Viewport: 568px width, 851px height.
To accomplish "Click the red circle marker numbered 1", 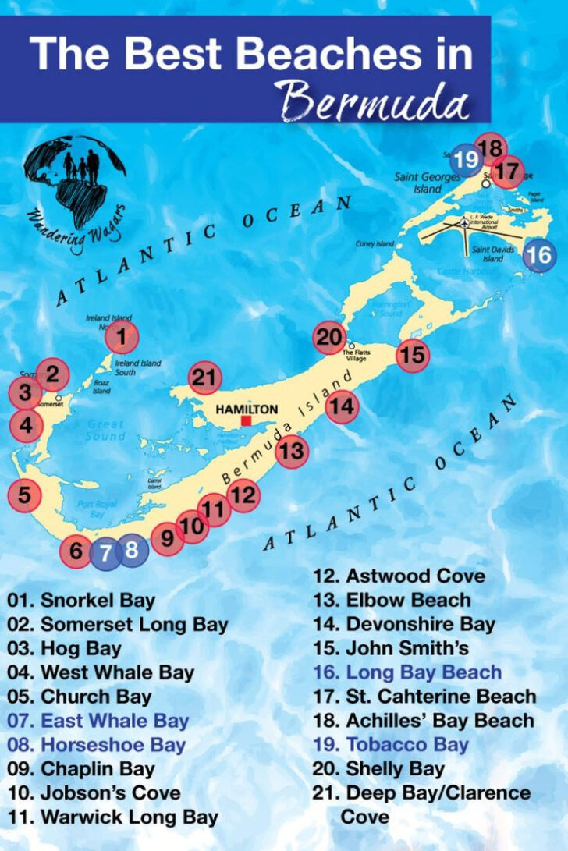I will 121,338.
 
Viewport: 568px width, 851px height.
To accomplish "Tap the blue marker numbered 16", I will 539,255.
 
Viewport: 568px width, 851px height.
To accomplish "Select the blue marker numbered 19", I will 467,160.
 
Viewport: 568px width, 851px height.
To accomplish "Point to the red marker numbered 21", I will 205,379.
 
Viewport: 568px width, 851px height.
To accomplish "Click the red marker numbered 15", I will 413,355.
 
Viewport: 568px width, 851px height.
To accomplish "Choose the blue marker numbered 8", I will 131,551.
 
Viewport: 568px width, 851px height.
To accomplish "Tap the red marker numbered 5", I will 25,495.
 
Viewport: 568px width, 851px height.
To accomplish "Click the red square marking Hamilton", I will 246,420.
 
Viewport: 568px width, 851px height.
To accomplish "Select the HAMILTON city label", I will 246,408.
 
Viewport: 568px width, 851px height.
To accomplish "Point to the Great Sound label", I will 105,431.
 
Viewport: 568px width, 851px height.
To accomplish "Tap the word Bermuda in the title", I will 378,101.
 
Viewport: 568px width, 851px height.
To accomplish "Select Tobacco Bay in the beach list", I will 398,744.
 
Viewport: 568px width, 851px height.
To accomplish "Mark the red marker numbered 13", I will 291,450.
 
